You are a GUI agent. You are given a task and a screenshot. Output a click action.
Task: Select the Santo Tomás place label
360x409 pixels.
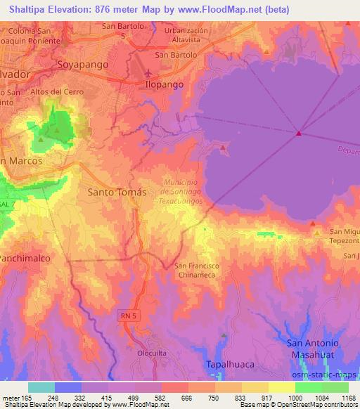pyautogui.click(x=117, y=190)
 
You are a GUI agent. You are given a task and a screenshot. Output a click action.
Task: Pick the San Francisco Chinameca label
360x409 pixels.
pyautogui.click(x=198, y=270)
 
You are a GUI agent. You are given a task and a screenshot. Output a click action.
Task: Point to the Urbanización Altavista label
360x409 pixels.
pyautogui.click(x=186, y=36)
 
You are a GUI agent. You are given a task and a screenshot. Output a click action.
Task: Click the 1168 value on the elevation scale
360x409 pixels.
pyautogui.click(x=340, y=397)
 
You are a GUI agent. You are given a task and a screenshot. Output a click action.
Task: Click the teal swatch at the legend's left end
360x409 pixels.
pyautogui.click(x=41, y=387)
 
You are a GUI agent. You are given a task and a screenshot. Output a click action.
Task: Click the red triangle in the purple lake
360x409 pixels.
pyautogui.click(x=299, y=133)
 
